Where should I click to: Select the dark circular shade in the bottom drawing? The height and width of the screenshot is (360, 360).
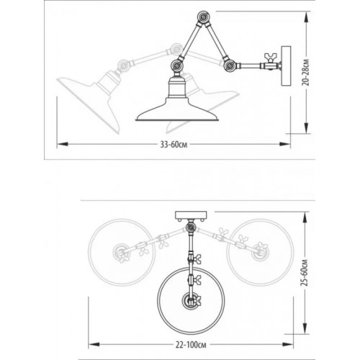(191, 300)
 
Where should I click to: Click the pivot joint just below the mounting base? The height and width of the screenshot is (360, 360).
(191, 228)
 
